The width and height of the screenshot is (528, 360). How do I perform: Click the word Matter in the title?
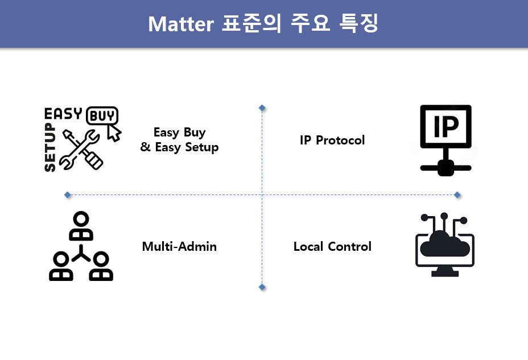click(181, 24)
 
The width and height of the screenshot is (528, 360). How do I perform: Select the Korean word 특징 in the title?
click(358, 23)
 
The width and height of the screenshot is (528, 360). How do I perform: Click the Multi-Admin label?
click(179, 246)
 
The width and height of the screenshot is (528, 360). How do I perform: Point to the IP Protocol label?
click(332, 140)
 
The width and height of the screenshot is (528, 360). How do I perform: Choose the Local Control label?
click(332, 246)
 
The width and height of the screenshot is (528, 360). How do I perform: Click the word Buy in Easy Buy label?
click(194, 133)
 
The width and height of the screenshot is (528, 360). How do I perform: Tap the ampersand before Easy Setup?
click(146, 147)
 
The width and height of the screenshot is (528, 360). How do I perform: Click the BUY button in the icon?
click(102, 116)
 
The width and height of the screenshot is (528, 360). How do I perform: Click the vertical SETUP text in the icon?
click(50, 147)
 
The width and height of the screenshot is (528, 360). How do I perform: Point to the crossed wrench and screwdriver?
click(81, 149)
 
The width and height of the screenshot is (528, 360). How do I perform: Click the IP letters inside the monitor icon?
click(446, 126)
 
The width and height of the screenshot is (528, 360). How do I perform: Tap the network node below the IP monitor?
click(446, 168)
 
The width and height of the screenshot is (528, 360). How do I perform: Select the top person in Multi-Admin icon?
click(81, 226)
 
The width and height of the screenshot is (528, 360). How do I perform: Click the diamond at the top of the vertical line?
click(262, 107)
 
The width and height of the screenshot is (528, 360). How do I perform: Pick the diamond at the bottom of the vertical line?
click(262, 287)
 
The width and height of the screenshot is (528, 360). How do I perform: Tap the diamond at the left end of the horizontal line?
click(68, 195)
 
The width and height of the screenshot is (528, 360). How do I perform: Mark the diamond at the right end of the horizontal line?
click(457, 195)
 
